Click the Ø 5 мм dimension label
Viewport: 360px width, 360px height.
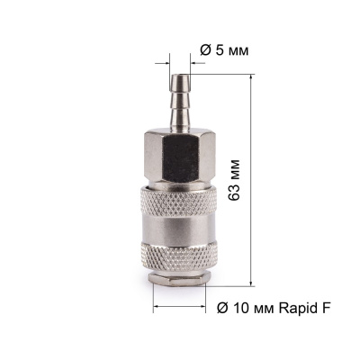[x=224, y=51]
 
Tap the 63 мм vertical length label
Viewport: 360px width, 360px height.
[x=234, y=180]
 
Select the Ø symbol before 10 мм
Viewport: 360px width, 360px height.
[x=221, y=308]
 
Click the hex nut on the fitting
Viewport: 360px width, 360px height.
[x=180, y=156]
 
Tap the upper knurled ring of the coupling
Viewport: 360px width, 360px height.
[x=179, y=201]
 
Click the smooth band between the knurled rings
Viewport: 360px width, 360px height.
[x=179, y=228]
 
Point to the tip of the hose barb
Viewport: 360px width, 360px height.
[x=180, y=76]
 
